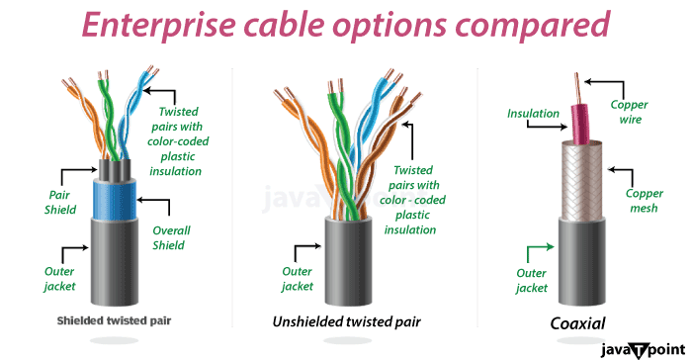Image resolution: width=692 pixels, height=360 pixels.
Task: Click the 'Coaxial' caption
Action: click(577, 322)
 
